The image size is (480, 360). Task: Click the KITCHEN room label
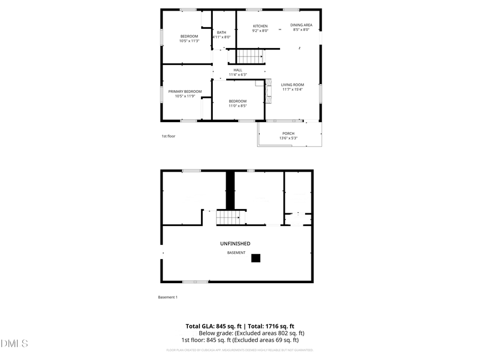click(x=260, y=26)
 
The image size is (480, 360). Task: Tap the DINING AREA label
click(x=301, y=25)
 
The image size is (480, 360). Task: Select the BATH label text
click(x=221, y=33)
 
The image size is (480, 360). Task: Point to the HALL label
click(x=238, y=70)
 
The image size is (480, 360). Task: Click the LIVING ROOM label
click(x=293, y=85)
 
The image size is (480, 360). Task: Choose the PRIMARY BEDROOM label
click(x=185, y=92)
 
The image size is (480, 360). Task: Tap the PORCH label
click(x=288, y=133)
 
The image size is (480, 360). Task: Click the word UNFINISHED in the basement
click(x=235, y=244)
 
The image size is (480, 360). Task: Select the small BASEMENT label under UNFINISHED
click(x=236, y=253)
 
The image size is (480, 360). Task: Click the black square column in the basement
click(x=256, y=258)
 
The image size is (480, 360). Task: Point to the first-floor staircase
click(x=250, y=55)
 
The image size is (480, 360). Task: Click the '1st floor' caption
click(x=169, y=136)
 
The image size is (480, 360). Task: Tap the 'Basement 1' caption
click(x=167, y=297)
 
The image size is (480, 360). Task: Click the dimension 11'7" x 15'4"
click(x=293, y=90)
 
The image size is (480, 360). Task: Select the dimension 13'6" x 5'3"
click(x=288, y=138)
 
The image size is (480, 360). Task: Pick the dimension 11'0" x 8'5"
click(x=238, y=106)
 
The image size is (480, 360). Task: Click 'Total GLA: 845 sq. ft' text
click(x=213, y=326)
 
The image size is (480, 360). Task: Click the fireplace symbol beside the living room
click(x=268, y=91)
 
